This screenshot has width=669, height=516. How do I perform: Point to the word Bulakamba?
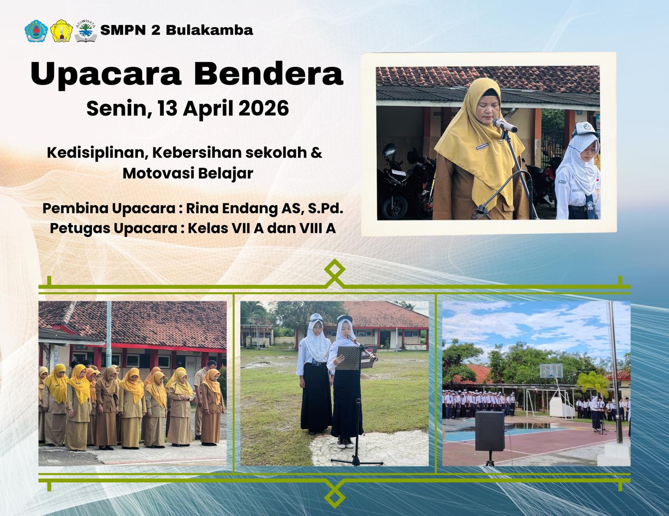(x=210, y=30)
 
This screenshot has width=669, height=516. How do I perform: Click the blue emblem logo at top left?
(x=36, y=31)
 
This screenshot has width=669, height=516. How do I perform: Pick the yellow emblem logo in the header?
(x=61, y=31)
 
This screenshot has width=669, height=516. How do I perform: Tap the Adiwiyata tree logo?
(x=86, y=31)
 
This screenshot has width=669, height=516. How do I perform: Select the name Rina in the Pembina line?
(x=201, y=208)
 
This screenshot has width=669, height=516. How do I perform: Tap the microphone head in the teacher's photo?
(x=504, y=125)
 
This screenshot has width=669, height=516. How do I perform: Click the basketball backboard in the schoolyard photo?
(x=551, y=370)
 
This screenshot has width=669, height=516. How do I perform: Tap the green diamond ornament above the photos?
(x=334, y=269)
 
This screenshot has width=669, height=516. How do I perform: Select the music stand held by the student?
(x=348, y=358)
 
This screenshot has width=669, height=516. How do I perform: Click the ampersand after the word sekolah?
(x=316, y=153)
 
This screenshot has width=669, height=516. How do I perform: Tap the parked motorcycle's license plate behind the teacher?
(x=399, y=173)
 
